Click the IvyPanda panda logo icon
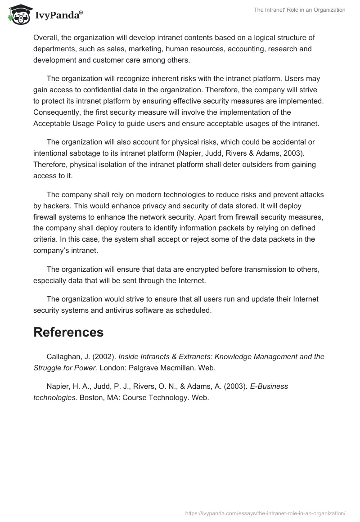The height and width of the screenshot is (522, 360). [18, 15]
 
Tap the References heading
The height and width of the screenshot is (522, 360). [68, 332]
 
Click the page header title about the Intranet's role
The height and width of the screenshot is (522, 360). [300, 10]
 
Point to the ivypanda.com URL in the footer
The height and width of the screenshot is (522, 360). [265, 513]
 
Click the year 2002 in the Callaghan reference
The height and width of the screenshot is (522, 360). [105, 356]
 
